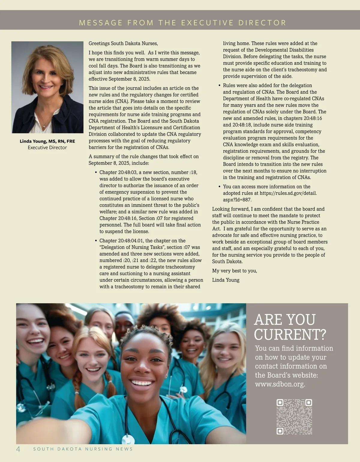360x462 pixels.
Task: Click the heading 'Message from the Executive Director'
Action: click(183, 23)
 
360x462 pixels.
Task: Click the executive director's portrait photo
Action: click(47, 87)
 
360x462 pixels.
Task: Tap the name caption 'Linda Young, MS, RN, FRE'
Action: click(47, 141)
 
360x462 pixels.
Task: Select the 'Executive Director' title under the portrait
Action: click(47, 148)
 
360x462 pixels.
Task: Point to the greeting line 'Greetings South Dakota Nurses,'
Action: click(123, 43)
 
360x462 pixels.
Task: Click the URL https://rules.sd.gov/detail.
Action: click(288, 193)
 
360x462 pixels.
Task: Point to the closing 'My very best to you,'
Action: click(235, 271)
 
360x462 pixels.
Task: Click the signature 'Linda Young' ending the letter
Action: click(226, 280)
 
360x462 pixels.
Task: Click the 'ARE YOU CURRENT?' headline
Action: click(290, 327)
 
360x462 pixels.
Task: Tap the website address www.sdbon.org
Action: click(280, 384)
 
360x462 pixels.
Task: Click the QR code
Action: click(294, 417)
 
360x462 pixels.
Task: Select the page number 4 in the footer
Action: click(18, 449)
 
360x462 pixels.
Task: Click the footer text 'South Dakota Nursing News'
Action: click(83, 449)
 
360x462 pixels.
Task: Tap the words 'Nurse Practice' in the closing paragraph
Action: click(303, 222)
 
